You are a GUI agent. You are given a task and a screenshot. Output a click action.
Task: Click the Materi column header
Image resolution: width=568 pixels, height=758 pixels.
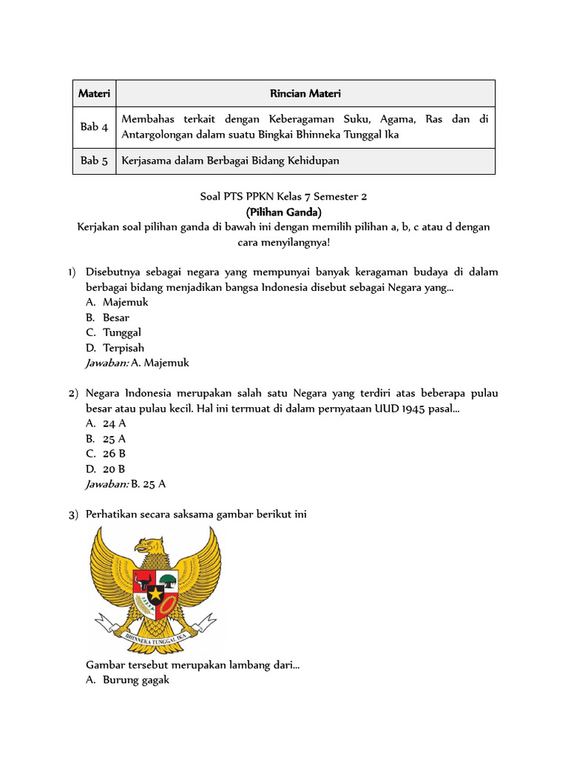pos(94,93)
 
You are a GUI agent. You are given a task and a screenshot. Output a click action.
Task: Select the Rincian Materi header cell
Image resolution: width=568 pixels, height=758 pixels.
pos(305,93)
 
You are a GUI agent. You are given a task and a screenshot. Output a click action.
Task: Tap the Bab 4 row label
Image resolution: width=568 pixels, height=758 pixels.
pos(94,127)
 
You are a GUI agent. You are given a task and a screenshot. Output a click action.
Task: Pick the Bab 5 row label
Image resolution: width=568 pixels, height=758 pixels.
pos(94,161)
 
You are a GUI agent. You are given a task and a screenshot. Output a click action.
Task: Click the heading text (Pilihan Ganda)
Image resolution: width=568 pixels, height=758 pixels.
pos(283,211)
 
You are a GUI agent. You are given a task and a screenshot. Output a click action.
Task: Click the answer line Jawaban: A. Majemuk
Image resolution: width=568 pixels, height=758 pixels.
pos(138,363)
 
